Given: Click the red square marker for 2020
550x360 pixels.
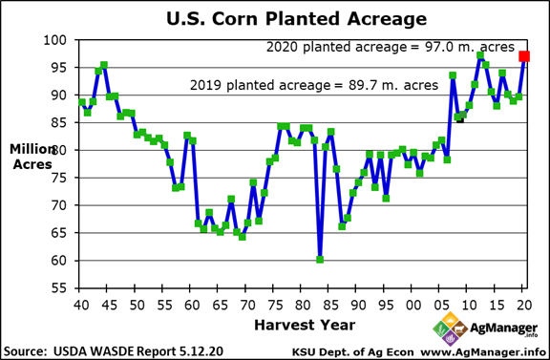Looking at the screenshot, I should click(524, 56).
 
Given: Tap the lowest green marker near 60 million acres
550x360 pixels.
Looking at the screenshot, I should click(320, 259).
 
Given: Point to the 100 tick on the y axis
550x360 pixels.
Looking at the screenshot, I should click(59, 40).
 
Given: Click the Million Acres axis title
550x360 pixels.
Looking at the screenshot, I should click(32, 159).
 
